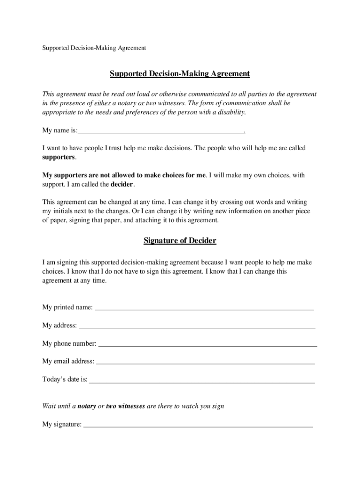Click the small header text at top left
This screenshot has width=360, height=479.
(94, 48)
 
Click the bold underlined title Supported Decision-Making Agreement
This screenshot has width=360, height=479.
(180, 74)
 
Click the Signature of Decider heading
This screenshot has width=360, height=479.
(180, 241)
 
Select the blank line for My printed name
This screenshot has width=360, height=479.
(204, 309)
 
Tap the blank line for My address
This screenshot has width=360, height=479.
(196, 327)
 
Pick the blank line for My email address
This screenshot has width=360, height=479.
(205, 363)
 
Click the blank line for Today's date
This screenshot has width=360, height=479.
(202, 381)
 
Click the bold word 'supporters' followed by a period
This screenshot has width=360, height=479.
(58, 157)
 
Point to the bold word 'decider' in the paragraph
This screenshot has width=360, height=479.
(122, 184)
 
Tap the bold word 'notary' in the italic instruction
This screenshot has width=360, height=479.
(86, 406)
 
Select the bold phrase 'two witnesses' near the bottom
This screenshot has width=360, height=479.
(125, 406)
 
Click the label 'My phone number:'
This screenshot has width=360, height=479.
(69, 344)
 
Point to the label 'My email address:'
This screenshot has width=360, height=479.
(68, 362)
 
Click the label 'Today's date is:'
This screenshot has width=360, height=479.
(65, 379)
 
